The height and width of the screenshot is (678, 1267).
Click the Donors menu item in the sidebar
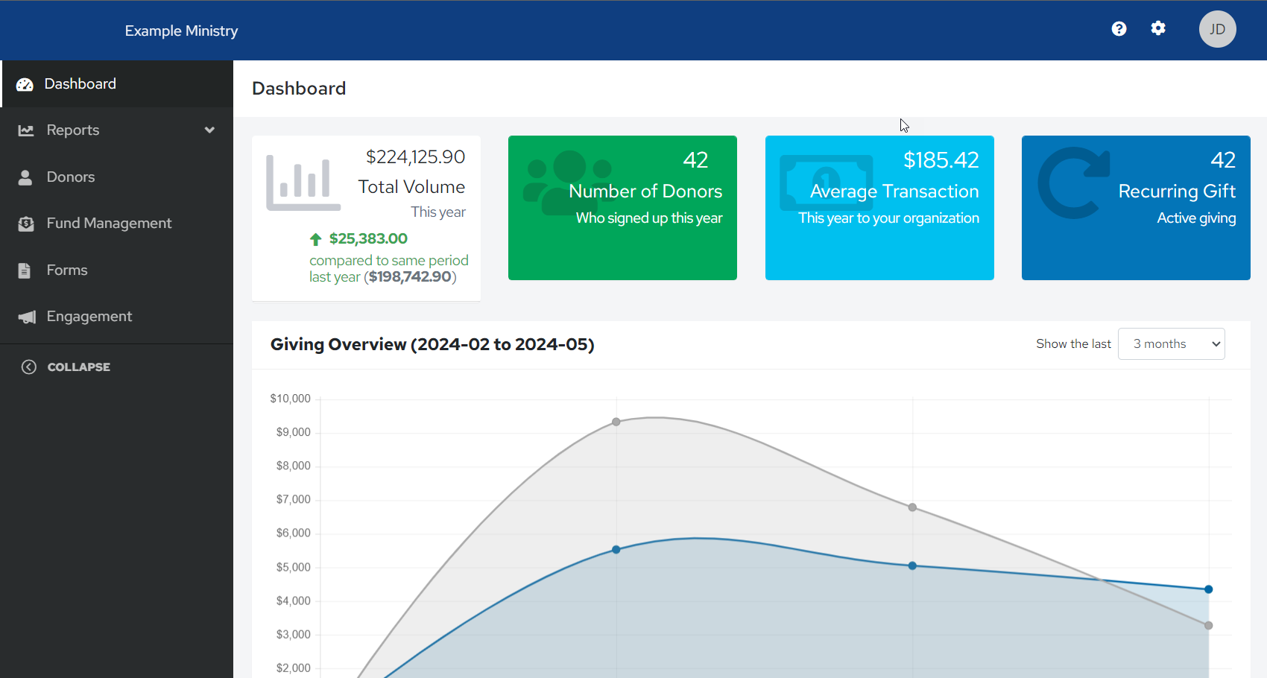(x=70, y=177)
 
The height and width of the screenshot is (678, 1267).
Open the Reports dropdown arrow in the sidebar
(x=209, y=130)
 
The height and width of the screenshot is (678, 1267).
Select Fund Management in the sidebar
(x=109, y=223)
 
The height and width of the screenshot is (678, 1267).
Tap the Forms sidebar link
(x=66, y=270)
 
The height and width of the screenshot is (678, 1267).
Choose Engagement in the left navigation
(x=89, y=316)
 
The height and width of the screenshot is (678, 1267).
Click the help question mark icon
(x=1119, y=28)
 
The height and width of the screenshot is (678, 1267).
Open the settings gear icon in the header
(x=1158, y=28)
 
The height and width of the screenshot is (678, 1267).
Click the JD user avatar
(x=1217, y=29)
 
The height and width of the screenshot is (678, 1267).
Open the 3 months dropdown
(x=1171, y=343)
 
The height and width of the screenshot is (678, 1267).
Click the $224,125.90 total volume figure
(x=415, y=156)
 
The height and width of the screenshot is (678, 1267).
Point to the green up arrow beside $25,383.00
(x=315, y=239)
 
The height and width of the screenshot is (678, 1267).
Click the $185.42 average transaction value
(x=941, y=159)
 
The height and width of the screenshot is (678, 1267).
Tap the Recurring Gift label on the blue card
(x=1177, y=191)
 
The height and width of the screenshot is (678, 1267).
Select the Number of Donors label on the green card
(x=645, y=191)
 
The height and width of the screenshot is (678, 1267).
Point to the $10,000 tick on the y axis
(x=290, y=399)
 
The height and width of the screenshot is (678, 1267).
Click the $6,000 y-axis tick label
(x=293, y=533)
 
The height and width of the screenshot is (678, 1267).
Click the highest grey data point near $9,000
(x=616, y=422)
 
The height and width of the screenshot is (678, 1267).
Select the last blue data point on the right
(x=1208, y=589)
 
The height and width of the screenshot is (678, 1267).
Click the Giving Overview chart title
(x=432, y=344)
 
